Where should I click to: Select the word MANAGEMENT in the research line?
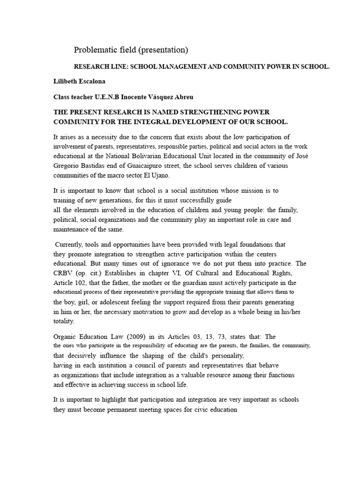point(178,67)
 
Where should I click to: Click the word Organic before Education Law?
point(67,337)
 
